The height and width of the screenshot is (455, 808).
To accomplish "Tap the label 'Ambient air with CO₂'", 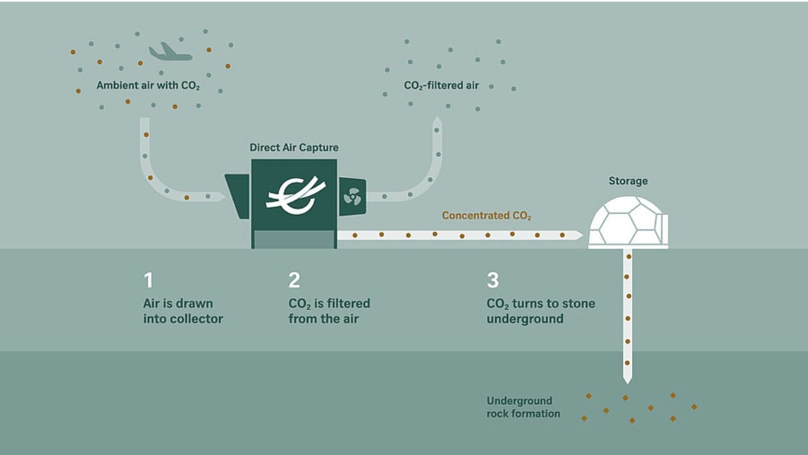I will pos(148,85).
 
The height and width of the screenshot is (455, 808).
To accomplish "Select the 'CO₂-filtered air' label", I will pos(441,85).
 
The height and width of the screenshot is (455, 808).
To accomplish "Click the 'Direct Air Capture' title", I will pos(294,148).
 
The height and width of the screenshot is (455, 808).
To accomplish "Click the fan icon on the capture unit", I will pos(352,195).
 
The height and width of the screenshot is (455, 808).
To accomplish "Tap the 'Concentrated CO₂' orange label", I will pos(491,215).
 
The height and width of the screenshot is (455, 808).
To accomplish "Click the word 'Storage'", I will pos(628,181).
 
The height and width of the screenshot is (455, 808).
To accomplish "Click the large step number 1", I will pos(149,281).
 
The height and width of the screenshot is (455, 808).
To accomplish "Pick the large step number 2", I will pos(294,281).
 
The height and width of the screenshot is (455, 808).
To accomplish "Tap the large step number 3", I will pos(493,281).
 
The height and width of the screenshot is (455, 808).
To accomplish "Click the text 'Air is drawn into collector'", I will pos(182,311).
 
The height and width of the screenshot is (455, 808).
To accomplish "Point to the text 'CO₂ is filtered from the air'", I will pos(329,311).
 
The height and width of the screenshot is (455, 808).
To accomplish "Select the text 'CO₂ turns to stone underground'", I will pos(540,311).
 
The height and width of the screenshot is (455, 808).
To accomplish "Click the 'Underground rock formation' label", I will pos(523,407).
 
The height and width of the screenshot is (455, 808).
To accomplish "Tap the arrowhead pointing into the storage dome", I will pos(579,235).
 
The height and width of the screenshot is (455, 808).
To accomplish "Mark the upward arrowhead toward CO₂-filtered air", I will pos(438,122).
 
